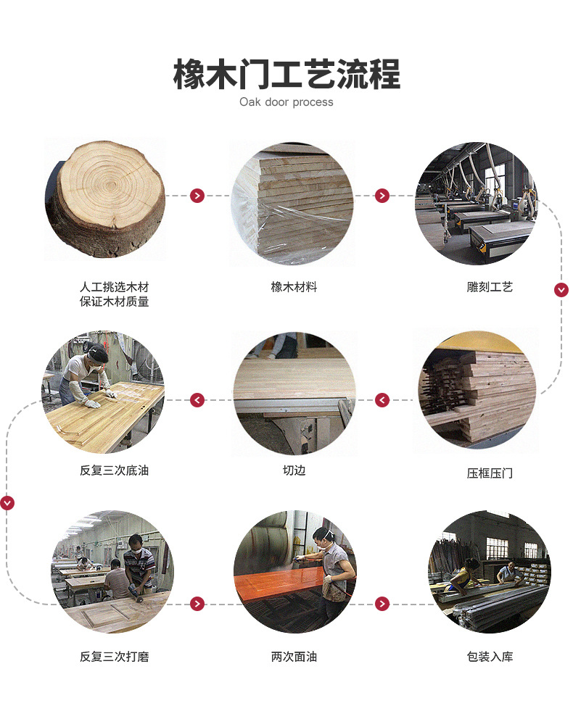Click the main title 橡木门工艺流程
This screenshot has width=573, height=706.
[x=286, y=75]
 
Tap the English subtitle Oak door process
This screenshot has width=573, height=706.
[x=286, y=102]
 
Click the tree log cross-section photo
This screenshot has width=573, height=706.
[x=105, y=198]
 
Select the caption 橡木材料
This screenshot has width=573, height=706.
[x=294, y=287]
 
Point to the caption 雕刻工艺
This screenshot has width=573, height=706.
[x=490, y=287]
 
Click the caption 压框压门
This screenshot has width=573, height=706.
[x=490, y=473]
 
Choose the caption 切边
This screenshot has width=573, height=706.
[x=294, y=470]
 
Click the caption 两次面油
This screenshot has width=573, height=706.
[x=294, y=657]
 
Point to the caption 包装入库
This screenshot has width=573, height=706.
[x=490, y=657]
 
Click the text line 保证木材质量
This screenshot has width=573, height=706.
[x=114, y=302]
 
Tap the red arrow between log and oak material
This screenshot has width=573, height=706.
[x=197, y=196]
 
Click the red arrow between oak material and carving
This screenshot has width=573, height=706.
[x=382, y=196]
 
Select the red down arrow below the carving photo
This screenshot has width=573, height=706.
[x=561, y=290]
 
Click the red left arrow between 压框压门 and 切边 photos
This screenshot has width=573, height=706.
[x=382, y=400]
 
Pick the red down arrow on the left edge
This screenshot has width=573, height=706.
[x=7, y=502]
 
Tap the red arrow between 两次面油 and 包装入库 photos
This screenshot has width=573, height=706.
[x=382, y=604]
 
